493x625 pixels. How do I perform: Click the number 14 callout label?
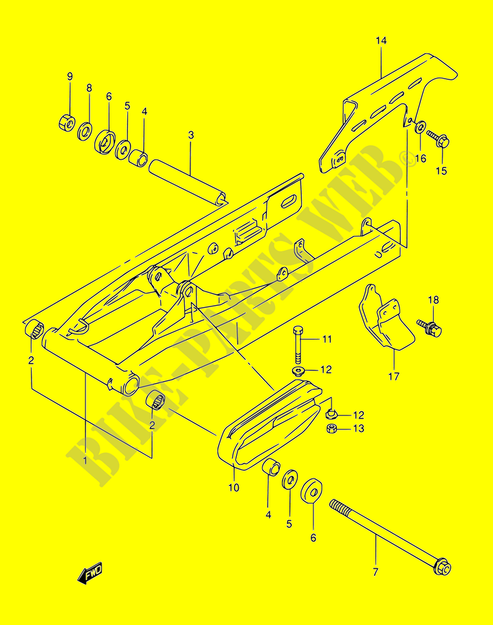coord(381,42)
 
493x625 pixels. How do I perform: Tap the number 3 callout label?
coord(191,135)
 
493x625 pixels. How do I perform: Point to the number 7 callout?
coord(375,573)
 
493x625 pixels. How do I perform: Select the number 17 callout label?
coord(393,376)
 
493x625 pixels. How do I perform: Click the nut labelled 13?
coord(332,429)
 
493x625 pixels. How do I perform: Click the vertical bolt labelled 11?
coord(299,343)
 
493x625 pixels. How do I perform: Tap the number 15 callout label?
coord(441,171)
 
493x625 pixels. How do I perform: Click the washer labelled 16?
coord(420,127)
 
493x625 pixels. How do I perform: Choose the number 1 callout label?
coord(85,460)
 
